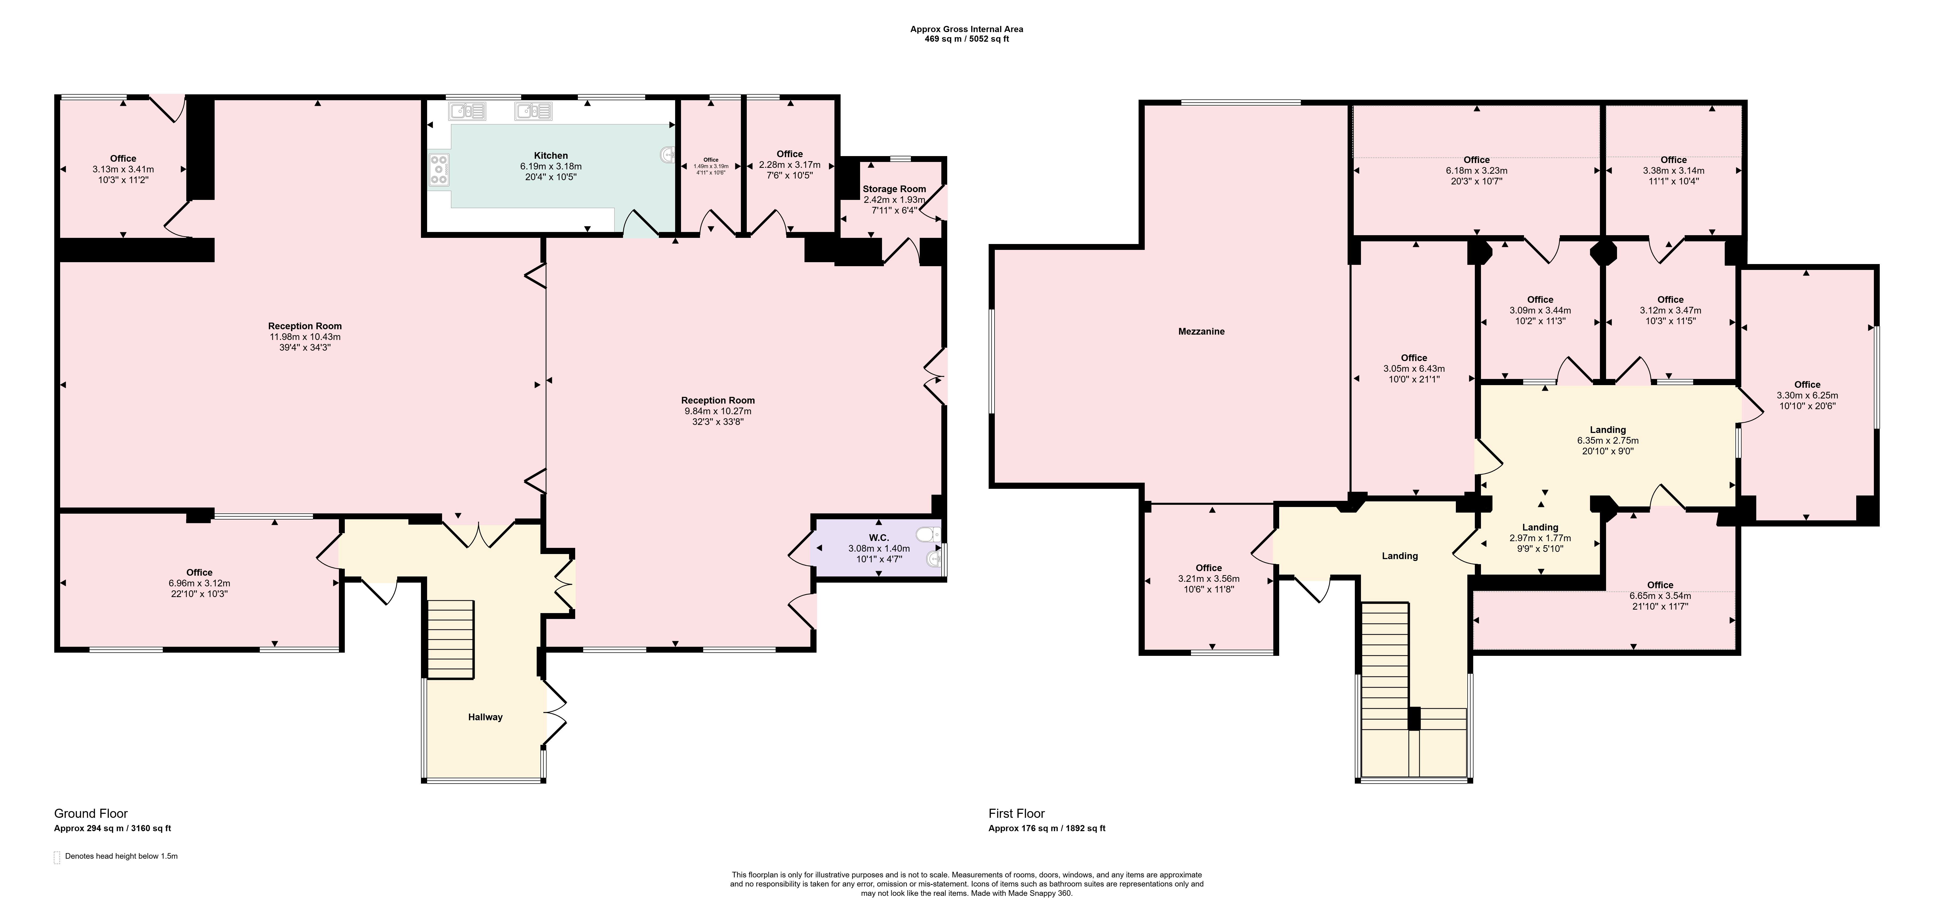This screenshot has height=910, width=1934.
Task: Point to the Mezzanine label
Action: point(1201,331)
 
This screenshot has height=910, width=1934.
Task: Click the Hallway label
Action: point(485,717)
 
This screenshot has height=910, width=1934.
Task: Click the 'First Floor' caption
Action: point(1016,813)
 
